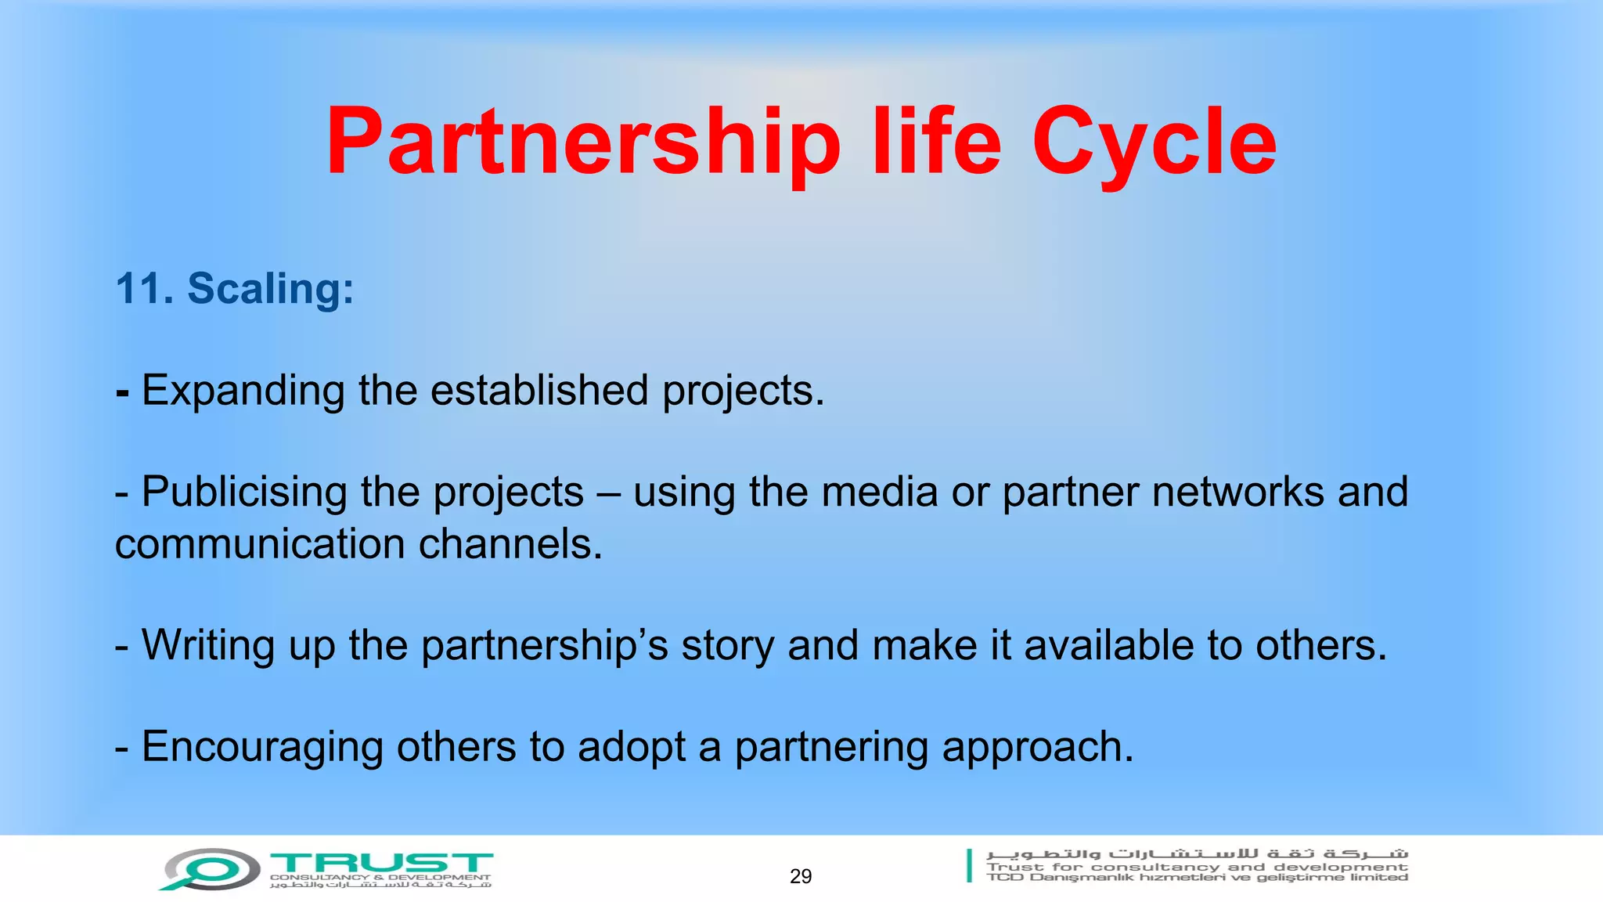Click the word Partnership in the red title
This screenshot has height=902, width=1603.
tap(583, 143)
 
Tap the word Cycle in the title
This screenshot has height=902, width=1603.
tap(1154, 143)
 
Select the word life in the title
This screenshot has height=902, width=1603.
tap(936, 143)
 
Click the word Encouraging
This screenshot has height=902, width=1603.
tap(262, 747)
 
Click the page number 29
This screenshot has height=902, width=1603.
tap(801, 876)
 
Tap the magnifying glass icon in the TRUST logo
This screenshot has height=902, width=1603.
tap(210, 869)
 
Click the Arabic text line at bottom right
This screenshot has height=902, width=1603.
tap(1197, 853)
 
